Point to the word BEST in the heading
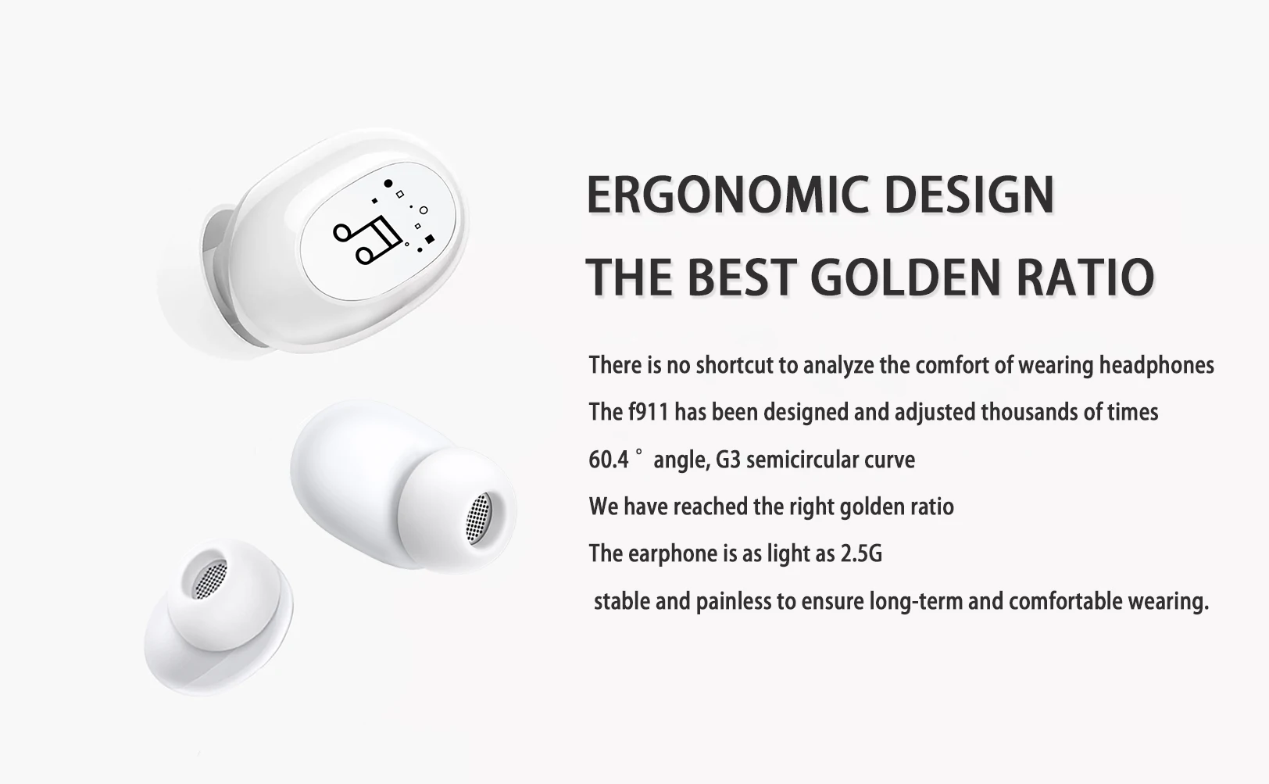743,277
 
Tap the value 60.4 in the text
609,460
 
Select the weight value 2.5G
860,553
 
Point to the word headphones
1156,365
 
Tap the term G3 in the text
727,460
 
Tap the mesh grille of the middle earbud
478,517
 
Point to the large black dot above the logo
388,183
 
